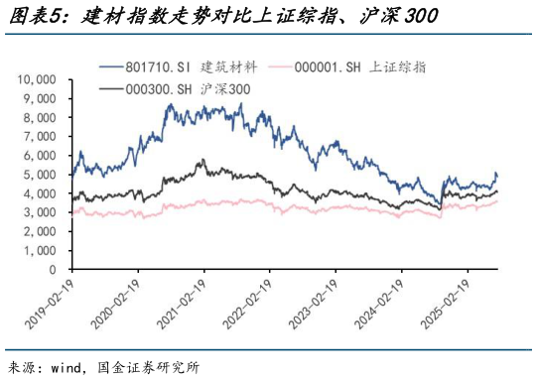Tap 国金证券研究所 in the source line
tap(154, 367)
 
